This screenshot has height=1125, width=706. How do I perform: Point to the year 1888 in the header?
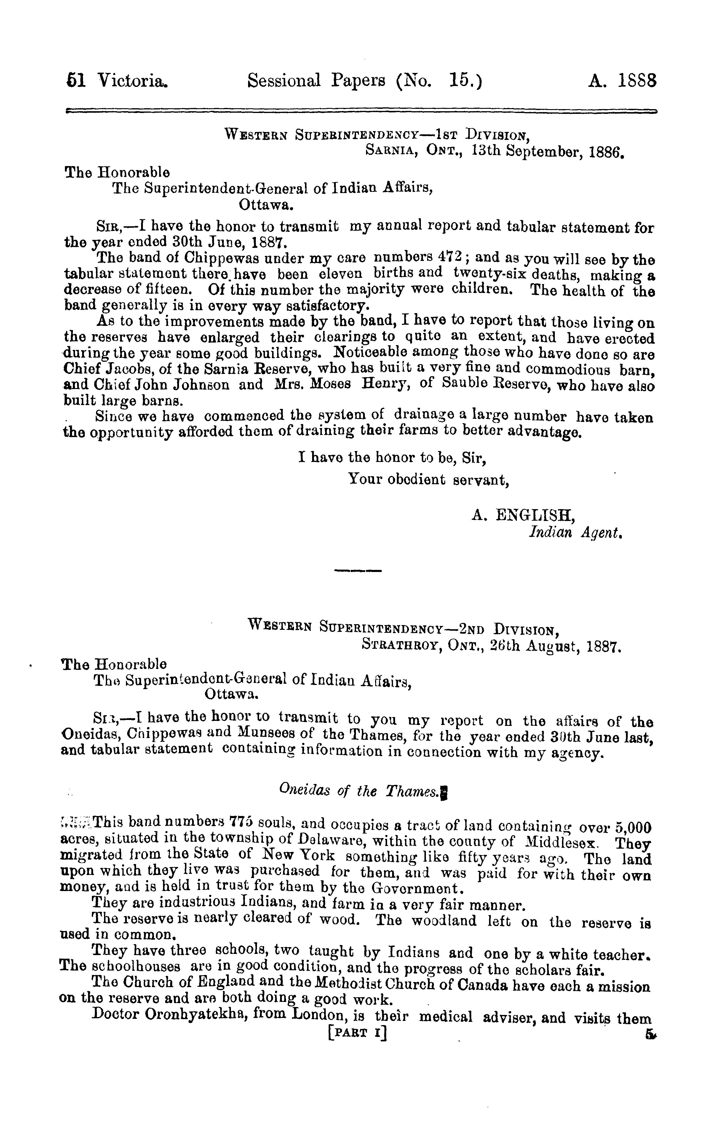click(x=637, y=81)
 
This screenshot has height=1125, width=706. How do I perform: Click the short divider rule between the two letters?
click(x=358, y=571)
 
